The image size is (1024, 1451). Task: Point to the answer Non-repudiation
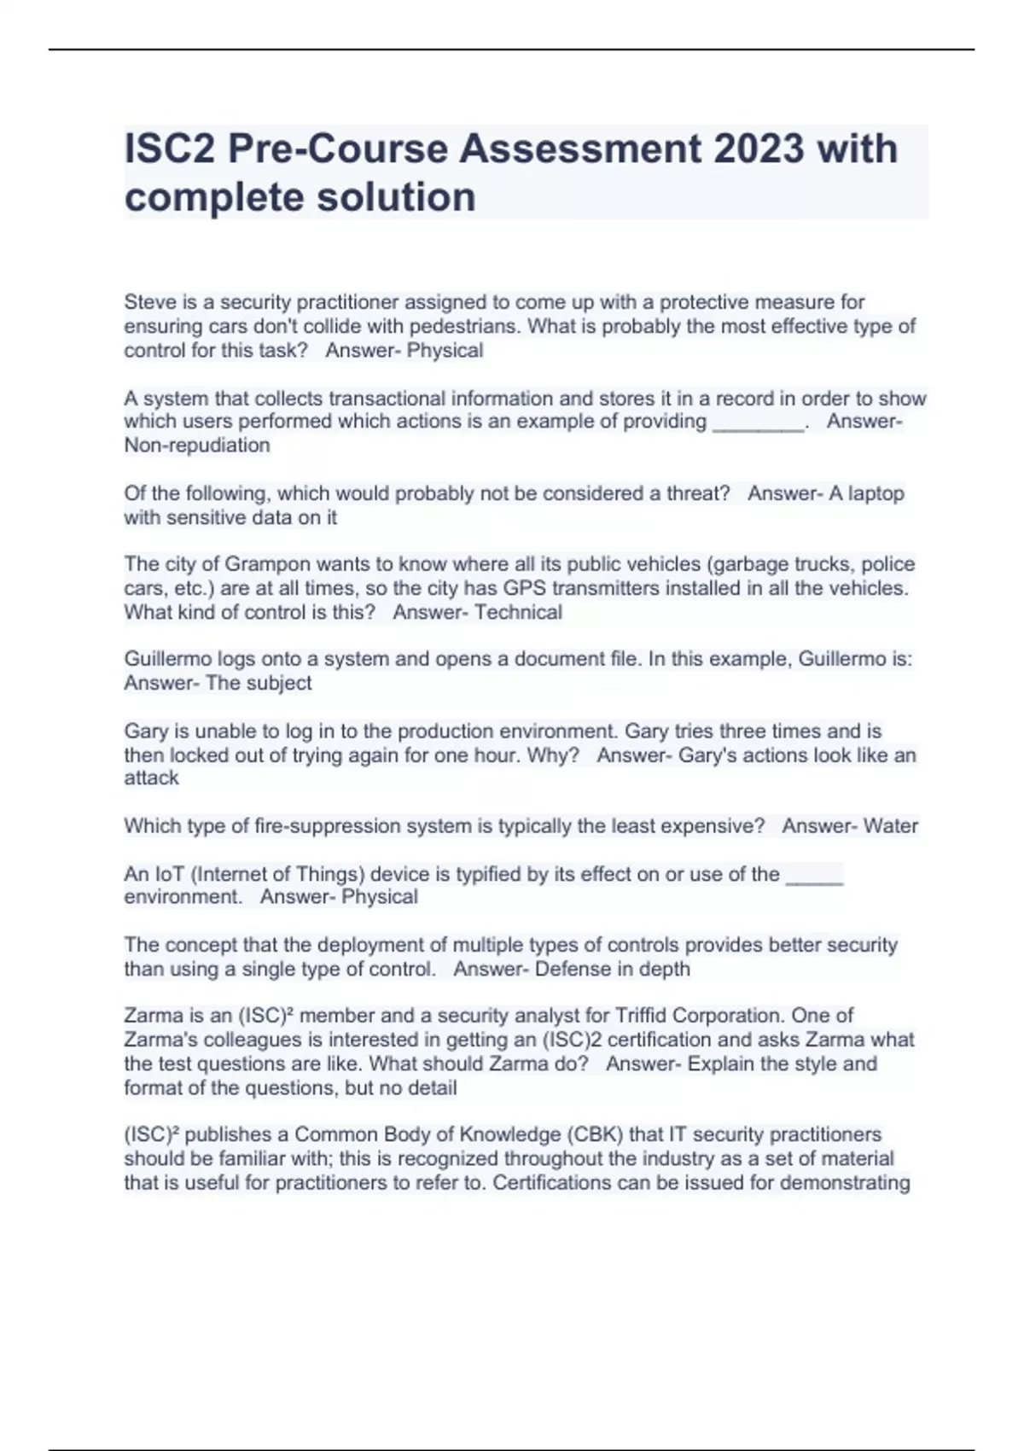[197, 445]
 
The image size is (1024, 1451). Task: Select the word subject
[279, 683]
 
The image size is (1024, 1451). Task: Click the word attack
[151, 778]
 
